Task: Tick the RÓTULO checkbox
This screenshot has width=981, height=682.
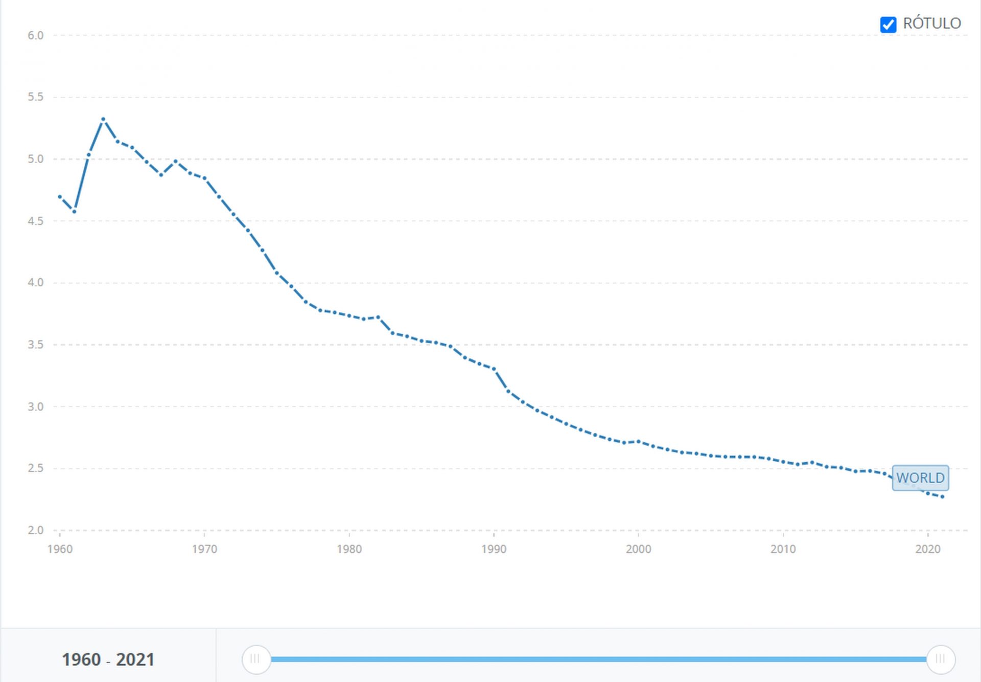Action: pos(888,24)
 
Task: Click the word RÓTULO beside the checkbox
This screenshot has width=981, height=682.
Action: pos(931,24)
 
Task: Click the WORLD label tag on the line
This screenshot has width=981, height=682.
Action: pos(920,478)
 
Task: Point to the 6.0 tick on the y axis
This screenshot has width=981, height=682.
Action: pos(36,36)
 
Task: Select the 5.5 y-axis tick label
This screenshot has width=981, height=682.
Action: pos(36,97)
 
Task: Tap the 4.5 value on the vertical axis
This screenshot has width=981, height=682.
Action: pos(36,221)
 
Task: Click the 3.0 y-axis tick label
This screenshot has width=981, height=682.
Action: pos(36,407)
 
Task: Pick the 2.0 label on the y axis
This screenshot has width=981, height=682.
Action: pos(36,530)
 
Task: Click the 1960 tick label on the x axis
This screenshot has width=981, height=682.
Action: pos(60,550)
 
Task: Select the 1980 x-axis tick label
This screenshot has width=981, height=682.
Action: pos(349,550)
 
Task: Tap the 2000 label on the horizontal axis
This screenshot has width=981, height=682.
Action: pos(638,550)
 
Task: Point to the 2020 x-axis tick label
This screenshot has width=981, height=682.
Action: pos(927,550)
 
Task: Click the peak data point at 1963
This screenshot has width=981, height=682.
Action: pos(103,119)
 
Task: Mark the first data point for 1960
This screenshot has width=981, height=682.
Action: pos(60,197)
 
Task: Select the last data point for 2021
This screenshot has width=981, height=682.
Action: pos(942,497)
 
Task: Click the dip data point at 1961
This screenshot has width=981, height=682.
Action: pos(75,212)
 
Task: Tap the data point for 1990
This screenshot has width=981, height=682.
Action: pos(494,369)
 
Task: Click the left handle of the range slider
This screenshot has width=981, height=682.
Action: pos(255,660)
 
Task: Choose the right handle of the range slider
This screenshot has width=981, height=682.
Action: pos(940,660)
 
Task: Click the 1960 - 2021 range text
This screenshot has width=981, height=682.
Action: pos(108,660)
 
